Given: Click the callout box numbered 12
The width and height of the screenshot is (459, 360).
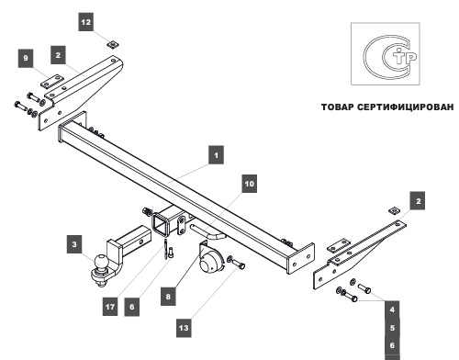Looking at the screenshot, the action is point(86,22).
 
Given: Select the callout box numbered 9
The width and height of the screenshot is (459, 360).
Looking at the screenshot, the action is point(26,58).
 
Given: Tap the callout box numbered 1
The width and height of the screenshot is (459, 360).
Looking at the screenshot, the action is point(216,155).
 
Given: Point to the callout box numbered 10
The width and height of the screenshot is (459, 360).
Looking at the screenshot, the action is point(250,184).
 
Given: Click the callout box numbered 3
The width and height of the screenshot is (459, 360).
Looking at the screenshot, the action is point(74,244).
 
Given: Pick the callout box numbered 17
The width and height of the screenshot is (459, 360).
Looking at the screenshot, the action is point(110,307).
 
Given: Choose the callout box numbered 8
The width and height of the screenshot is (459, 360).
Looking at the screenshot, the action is point(168,297).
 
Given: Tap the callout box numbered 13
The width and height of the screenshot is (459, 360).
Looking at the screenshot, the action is point(184,328).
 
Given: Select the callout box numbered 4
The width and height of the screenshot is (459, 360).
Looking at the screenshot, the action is point(392,309).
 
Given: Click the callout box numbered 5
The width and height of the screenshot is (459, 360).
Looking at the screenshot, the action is point(392,328).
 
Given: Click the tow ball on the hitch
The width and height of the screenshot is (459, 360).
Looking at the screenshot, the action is point(101,262).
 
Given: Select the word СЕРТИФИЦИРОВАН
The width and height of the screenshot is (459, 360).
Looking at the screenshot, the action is point(406,107).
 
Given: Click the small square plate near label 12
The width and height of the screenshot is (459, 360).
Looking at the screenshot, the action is point(113,44).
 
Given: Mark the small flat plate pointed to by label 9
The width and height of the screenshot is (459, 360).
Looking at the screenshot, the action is point(51,81).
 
